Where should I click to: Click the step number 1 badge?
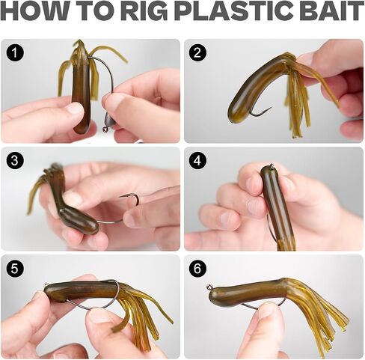pos(15,52)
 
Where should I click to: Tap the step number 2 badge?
pos(197,52)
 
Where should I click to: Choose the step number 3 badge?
pos(15,160)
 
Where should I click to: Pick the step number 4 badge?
pos(197,160)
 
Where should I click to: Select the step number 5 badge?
pos(15,269)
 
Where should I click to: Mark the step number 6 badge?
pos(197,269)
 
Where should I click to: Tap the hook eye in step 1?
pos(105,129)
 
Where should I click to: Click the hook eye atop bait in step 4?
pos(272,165)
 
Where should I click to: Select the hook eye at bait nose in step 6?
pos(209,287)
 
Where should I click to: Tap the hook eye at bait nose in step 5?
pos(46,285)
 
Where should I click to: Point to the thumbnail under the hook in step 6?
pos(267,310)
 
